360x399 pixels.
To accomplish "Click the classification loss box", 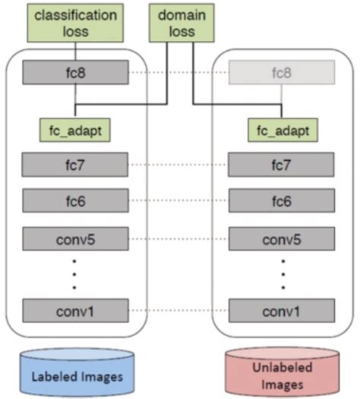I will tap(74, 23).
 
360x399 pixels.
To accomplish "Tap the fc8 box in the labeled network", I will tap(75, 72).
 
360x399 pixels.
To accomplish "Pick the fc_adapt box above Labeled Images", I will tap(75, 129).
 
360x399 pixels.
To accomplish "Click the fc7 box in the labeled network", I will tap(75, 165).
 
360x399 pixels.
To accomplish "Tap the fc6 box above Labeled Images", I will tap(75, 202).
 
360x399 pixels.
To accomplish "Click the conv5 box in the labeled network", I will tap(75, 240).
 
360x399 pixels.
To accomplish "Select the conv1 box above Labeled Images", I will tap(75, 311).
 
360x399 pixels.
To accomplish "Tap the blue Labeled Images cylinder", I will tap(74, 374).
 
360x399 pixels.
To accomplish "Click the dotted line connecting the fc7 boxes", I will tap(178, 165).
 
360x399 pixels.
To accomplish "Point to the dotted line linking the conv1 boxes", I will tap(178, 311).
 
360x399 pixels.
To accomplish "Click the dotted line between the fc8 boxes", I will tap(178, 72).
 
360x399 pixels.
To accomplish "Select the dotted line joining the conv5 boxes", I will tap(178, 240).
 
